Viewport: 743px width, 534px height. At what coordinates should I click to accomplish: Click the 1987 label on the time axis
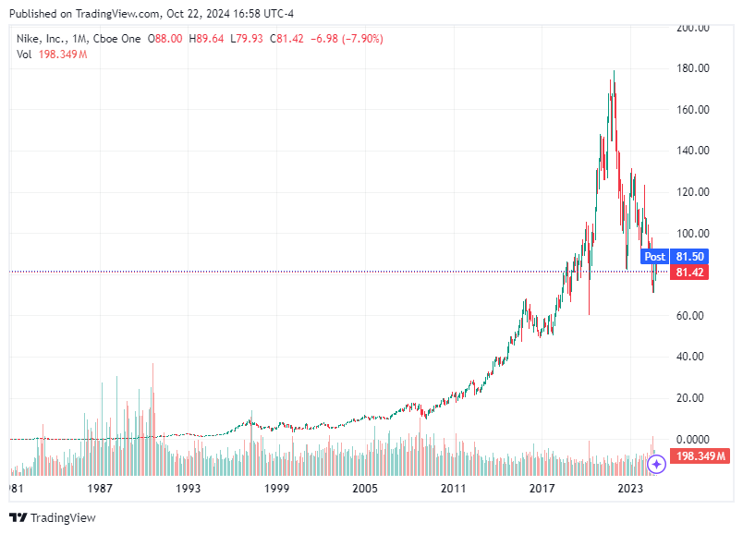click(x=100, y=488)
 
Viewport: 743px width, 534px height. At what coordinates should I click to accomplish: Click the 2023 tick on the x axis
click(x=630, y=488)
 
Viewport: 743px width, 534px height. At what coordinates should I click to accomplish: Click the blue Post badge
click(x=654, y=257)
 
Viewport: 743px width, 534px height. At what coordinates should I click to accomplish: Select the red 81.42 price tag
click(x=690, y=273)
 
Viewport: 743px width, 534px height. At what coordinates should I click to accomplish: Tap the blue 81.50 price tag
click(x=690, y=257)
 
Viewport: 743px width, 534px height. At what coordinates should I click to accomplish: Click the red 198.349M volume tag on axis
click(x=700, y=457)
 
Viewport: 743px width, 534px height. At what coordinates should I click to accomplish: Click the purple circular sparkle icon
click(x=656, y=464)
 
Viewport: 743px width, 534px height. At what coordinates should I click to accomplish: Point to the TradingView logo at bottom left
click(x=53, y=517)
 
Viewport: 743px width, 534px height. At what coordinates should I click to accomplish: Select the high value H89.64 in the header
click(x=206, y=39)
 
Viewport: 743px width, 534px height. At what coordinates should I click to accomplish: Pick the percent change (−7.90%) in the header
click(x=359, y=39)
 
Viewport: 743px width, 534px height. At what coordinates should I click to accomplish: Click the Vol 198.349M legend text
click(x=52, y=55)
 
